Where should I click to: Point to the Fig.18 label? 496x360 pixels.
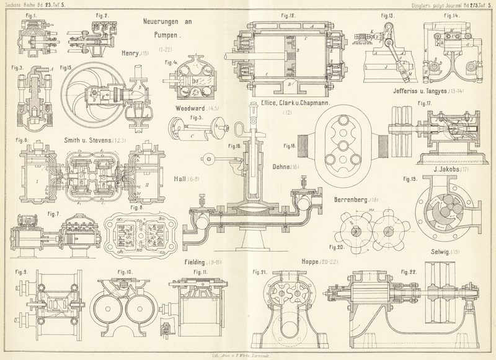point(290,146)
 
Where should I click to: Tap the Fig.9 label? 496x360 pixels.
point(21,271)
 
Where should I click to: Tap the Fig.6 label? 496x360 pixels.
point(23,140)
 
